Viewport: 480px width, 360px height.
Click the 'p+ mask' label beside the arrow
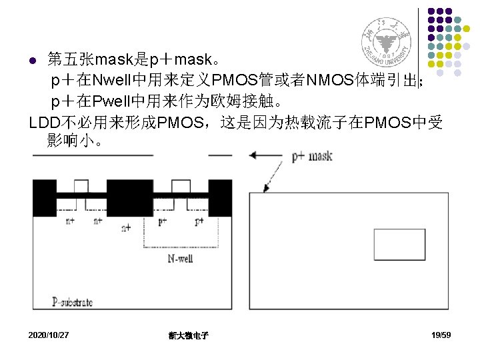pyautogui.click(x=312, y=157)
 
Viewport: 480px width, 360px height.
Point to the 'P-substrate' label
pyautogui.click(x=72, y=302)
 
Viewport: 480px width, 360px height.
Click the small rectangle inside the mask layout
pyautogui.click(x=399, y=245)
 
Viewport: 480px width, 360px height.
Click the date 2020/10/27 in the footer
pyautogui.click(x=49, y=335)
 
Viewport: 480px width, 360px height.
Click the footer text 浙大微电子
pyautogui.click(x=189, y=335)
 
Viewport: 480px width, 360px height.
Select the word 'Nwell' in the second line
pyautogui.click(x=115, y=81)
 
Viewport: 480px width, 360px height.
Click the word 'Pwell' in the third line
pyautogui.click(x=114, y=102)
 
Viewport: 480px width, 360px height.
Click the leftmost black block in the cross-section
pyautogui.click(x=45, y=198)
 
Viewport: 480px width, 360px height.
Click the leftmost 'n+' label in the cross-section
pyautogui.click(x=69, y=221)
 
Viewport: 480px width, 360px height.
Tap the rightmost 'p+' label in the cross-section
pyautogui.click(x=199, y=221)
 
